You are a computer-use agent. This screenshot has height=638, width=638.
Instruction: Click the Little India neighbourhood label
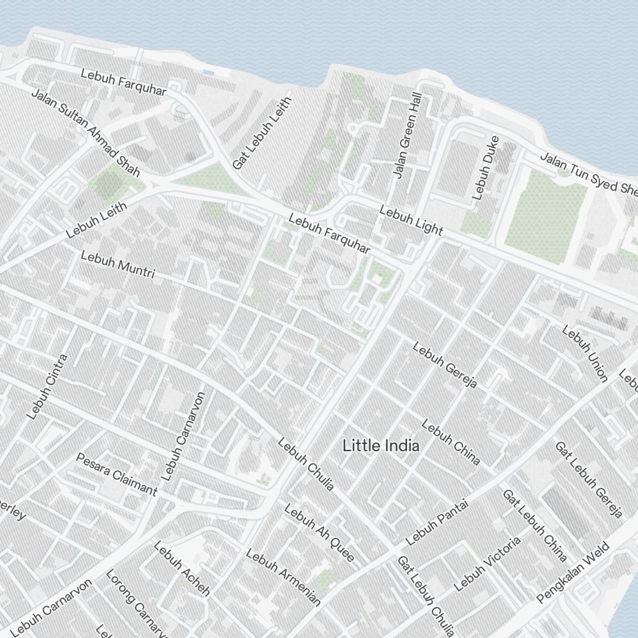[x=381, y=446]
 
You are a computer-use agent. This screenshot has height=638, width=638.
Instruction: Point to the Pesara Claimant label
[x=116, y=474]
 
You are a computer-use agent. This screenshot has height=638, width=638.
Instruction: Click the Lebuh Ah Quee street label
[x=318, y=533]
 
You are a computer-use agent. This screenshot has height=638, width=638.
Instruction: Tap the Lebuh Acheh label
[x=181, y=568]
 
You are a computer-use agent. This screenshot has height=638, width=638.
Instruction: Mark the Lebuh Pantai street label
[x=437, y=523]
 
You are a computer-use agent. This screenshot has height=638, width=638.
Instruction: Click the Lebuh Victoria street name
[x=487, y=563]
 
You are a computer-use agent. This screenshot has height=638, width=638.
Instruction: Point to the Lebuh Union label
[x=584, y=353]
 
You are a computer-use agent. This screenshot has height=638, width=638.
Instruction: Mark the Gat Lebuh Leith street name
[x=262, y=133]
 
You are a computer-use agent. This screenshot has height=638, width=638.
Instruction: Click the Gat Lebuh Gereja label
[x=588, y=479]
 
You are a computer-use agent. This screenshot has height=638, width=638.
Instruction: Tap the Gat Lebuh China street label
[x=535, y=525]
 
